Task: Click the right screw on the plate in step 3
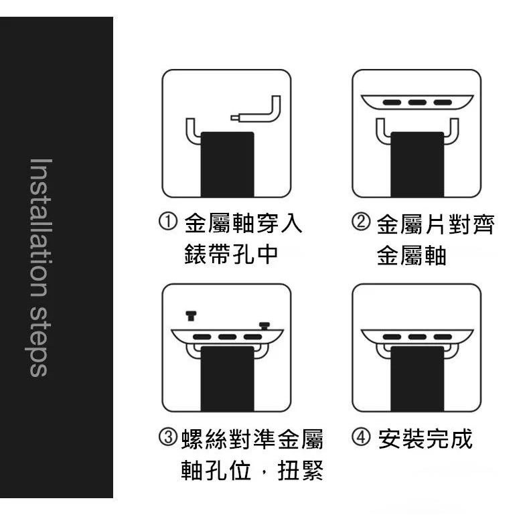(264, 325)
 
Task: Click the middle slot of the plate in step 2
(417, 102)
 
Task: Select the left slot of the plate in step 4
(391, 336)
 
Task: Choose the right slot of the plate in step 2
(442, 102)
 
